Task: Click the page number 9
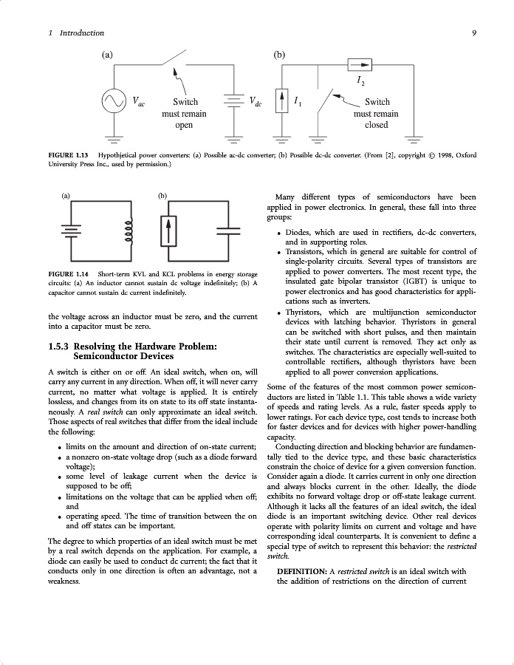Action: coord(473,33)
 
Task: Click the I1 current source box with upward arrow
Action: coord(281,101)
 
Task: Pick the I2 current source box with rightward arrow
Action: coord(360,64)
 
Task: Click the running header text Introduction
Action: coord(82,33)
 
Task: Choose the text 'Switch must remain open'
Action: coord(184,114)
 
